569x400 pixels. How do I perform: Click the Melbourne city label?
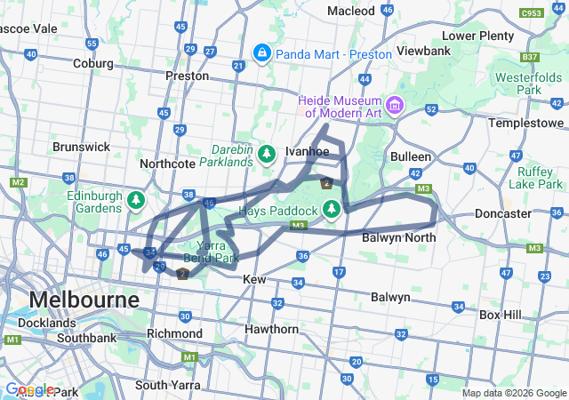pos(84,299)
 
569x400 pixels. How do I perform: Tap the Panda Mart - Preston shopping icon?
pos(262,54)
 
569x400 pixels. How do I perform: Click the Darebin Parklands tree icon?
pos(267,156)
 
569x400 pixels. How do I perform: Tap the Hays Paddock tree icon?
pos(332,210)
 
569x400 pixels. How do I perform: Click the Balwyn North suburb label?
pos(398,237)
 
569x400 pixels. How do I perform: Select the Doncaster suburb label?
pos(502,214)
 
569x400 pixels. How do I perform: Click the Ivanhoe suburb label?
pos(307,151)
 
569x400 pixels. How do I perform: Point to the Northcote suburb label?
pos(172,164)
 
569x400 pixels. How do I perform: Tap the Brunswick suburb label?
pos(81,147)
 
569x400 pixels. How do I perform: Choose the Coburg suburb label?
pos(92,64)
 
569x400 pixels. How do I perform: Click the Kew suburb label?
pos(255,279)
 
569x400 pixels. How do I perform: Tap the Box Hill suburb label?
pos(502,315)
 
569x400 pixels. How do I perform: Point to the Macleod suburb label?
pos(351,11)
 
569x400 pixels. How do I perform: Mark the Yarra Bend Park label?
pos(211,251)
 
